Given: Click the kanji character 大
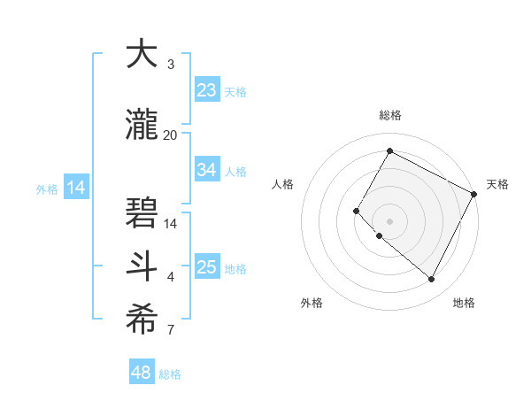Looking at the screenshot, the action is click(x=142, y=56).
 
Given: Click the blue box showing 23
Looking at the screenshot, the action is click(x=207, y=90).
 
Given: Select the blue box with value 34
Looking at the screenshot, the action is click(x=207, y=170).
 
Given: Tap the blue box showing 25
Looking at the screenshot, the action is click(x=207, y=267).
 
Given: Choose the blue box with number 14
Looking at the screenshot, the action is click(x=76, y=188).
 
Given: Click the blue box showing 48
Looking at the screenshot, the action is click(x=142, y=373).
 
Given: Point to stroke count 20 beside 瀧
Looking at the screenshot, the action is click(x=171, y=135).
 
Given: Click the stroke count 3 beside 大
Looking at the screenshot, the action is click(x=171, y=65).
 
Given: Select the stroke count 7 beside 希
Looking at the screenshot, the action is click(x=171, y=330).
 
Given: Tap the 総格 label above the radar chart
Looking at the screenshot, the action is click(x=389, y=115).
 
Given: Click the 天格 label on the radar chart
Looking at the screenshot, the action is click(x=497, y=184).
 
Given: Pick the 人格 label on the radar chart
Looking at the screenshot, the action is click(x=282, y=184).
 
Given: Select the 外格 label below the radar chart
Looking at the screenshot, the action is click(x=312, y=303).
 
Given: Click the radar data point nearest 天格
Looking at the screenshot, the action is click(x=474, y=194).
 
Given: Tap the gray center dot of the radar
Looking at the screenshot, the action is click(x=389, y=220).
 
